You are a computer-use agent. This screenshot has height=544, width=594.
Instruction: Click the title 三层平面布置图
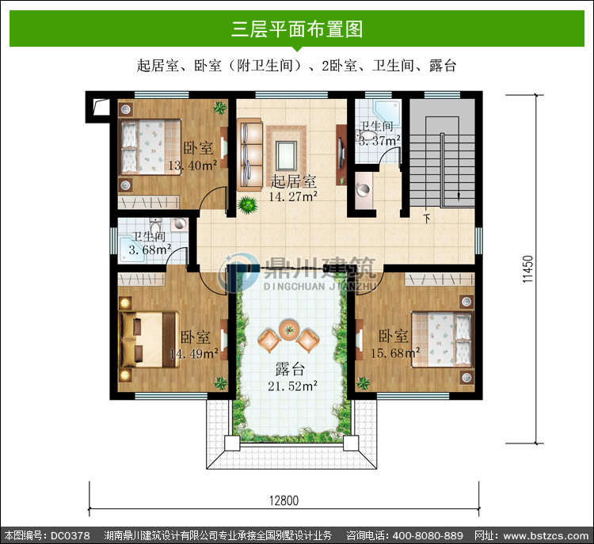pyautogui.click(x=297, y=29)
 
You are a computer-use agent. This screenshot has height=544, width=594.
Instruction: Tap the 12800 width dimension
pyautogui.click(x=284, y=500)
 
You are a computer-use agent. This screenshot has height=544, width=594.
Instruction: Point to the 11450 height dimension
pyautogui.click(x=527, y=269)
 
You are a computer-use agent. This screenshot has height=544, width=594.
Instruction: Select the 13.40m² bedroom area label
pyautogui.click(x=192, y=165)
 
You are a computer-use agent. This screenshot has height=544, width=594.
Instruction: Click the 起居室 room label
pyautogui.click(x=293, y=181)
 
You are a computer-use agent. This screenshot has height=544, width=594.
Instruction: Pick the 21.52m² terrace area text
pyautogui.click(x=292, y=386)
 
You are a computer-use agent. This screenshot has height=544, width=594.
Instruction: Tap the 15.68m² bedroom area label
pyautogui.click(x=395, y=353)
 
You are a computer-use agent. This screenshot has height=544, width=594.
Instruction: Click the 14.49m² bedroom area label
pyautogui.click(x=193, y=353)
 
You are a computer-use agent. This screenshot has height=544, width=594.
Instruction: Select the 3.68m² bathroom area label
pyautogui.click(x=150, y=249)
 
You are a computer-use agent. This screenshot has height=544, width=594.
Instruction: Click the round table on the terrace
pyautogui.click(x=289, y=330)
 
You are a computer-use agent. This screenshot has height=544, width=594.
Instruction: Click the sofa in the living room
pyautogui.click(x=250, y=154)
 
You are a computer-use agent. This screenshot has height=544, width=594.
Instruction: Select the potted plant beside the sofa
pyautogui.click(x=248, y=205)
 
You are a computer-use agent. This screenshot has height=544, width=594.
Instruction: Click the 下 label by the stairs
pyautogui.click(x=427, y=219)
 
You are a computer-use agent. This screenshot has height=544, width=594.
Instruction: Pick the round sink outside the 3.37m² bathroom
pyautogui.click(x=364, y=189)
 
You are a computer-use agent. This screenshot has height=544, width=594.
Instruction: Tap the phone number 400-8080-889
pyautogui.click(x=428, y=535)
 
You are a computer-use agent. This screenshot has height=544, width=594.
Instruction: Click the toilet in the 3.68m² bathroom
pyautogui.click(x=155, y=226)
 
